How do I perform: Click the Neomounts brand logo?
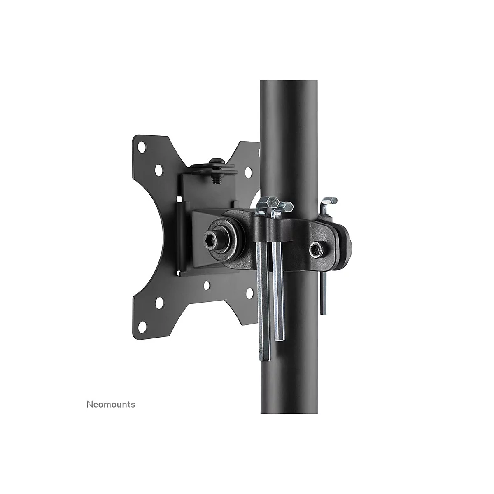click(x=111, y=404)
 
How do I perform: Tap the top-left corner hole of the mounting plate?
click(x=142, y=148)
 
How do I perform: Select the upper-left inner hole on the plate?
click(x=158, y=169)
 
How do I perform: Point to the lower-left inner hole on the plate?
click(x=159, y=303)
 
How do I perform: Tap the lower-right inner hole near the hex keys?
click(x=249, y=292)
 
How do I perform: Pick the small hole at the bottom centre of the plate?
click(x=207, y=284)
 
